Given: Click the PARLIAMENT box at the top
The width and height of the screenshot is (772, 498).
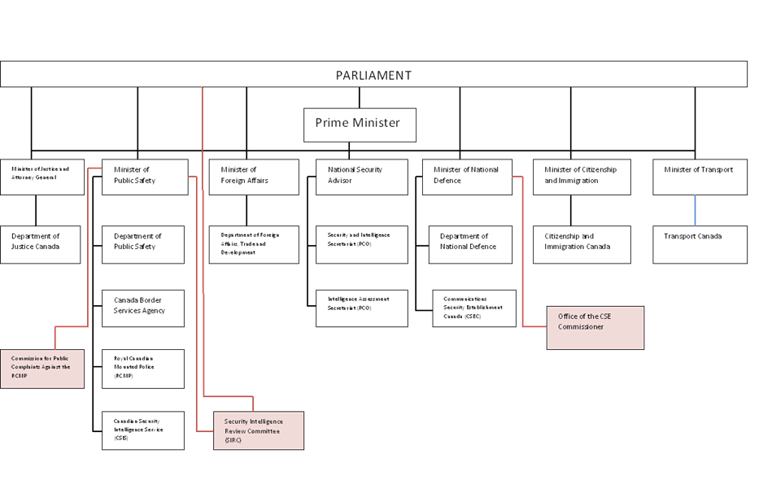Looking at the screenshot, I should [x=373, y=75].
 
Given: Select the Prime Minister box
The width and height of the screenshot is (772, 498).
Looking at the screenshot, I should [x=359, y=124].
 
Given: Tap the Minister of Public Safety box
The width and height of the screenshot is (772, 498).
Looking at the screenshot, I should [x=144, y=177].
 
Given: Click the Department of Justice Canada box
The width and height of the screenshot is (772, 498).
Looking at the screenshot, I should [x=41, y=244].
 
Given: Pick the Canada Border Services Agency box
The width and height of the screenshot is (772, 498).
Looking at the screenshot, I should [x=143, y=308].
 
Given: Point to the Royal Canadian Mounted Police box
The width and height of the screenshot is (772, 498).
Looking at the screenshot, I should [x=143, y=368].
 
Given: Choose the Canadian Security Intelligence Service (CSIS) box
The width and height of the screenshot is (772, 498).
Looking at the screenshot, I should [x=143, y=430].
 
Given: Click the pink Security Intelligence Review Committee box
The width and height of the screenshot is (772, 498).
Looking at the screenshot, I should [x=258, y=430].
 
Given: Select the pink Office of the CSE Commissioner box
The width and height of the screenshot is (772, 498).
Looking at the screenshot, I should [x=595, y=327].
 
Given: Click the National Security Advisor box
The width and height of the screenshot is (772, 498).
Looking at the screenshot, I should [x=361, y=177].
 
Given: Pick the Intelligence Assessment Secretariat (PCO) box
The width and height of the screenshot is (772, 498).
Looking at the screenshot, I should [x=361, y=308].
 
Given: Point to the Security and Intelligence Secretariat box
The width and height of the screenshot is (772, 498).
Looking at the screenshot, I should [x=361, y=244].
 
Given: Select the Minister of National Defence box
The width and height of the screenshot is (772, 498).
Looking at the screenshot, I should [x=467, y=177].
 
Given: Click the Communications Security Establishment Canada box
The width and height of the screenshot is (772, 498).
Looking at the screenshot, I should [x=473, y=308].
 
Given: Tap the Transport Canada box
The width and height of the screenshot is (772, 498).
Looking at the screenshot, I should [x=700, y=244].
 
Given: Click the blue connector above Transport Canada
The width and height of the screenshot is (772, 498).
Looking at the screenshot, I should [x=696, y=210].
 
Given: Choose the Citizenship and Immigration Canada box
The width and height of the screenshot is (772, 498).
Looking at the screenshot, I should [x=582, y=244].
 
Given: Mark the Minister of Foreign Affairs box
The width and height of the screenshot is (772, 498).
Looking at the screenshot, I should [x=253, y=177].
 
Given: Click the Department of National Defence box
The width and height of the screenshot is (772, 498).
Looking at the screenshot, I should [x=470, y=244].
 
